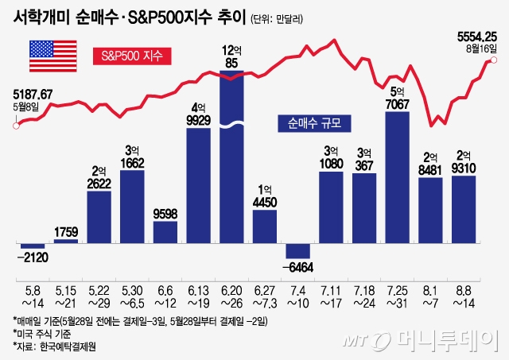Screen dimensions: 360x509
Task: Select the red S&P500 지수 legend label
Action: pos(132,56)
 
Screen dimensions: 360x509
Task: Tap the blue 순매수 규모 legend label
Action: pos(314,124)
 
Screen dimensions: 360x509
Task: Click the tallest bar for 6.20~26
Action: pos(231,159)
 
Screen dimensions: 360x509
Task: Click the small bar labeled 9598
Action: pos(165,231)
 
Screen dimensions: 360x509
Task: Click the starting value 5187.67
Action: pos(33,95)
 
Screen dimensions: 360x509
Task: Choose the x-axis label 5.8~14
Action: pos(33,300)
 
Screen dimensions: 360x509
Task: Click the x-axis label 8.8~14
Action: pos(463,300)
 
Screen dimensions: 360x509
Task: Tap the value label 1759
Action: pos(66,232)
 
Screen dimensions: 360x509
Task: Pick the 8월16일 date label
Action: pos(482,48)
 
